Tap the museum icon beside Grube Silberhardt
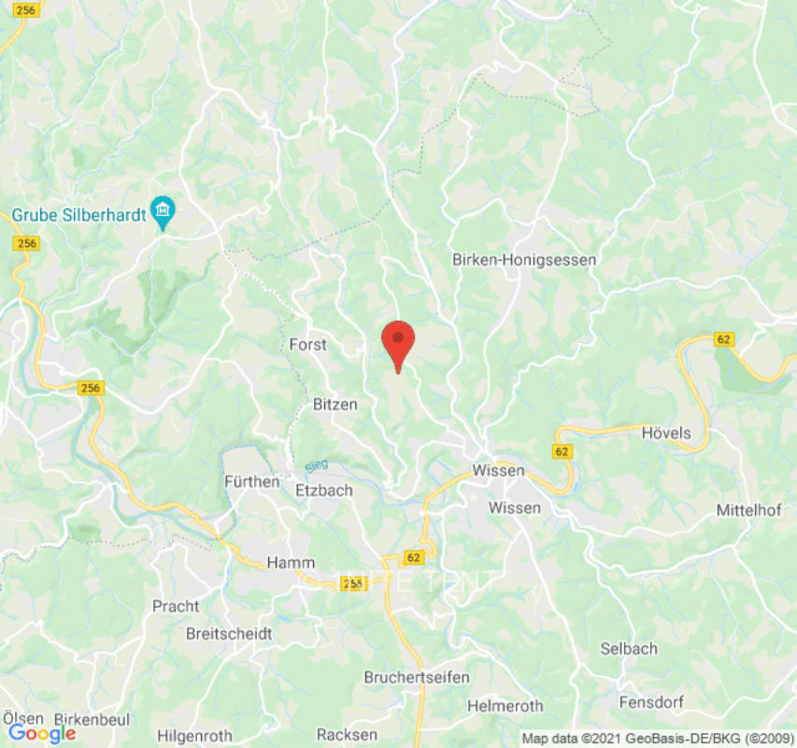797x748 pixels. click(x=164, y=213)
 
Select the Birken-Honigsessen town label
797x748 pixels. click(x=523, y=260)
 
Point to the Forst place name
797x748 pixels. click(x=307, y=344)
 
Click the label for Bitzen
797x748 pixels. click(x=334, y=404)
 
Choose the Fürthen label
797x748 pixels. click(x=251, y=482)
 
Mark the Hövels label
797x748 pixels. click(x=666, y=433)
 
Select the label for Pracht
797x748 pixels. click(x=176, y=606)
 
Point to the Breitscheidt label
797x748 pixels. click(x=229, y=633)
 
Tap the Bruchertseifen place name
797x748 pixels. click(x=417, y=677)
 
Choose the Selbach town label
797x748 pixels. click(x=629, y=648)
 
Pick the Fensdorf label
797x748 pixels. click(x=651, y=701)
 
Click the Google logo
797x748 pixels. click(x=42, y=734)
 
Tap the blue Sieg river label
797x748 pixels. click(x=317, y=465)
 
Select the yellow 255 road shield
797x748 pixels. click(x=352, y=583)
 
